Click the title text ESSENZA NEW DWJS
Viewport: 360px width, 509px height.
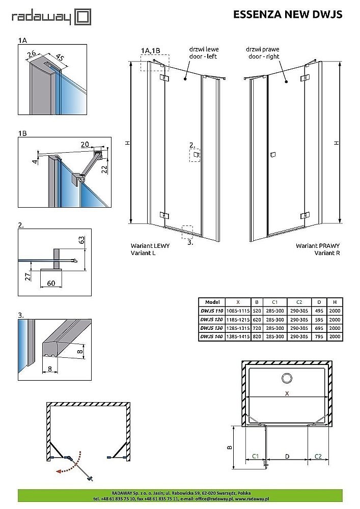[287, 15]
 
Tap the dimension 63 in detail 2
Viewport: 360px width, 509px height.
[82, 240]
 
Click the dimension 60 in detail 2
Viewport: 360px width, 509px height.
[51, 282]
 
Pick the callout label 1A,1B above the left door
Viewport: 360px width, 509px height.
[150, 50]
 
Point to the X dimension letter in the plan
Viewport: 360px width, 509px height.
[288, 393]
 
